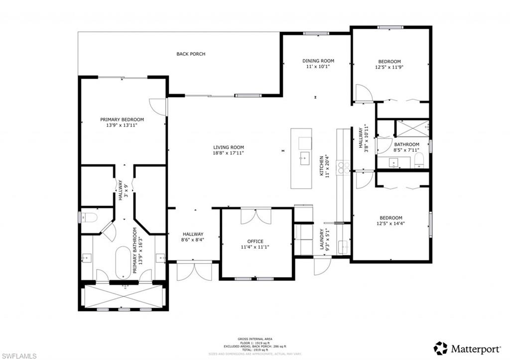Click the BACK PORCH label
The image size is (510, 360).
click(191, 54)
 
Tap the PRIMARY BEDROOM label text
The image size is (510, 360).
click(122, 120)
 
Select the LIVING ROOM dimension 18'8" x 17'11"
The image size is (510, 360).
click(229, 153)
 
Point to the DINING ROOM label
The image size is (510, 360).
click(318, 61)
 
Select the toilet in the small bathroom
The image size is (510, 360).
click(419, 160)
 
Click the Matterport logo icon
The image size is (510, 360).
click(440, 348)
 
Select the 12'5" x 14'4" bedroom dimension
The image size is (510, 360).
click(390, 224)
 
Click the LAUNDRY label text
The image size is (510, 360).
click(322, 240)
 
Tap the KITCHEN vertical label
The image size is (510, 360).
click(322, 166)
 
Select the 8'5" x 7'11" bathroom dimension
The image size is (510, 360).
click(406, 150)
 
